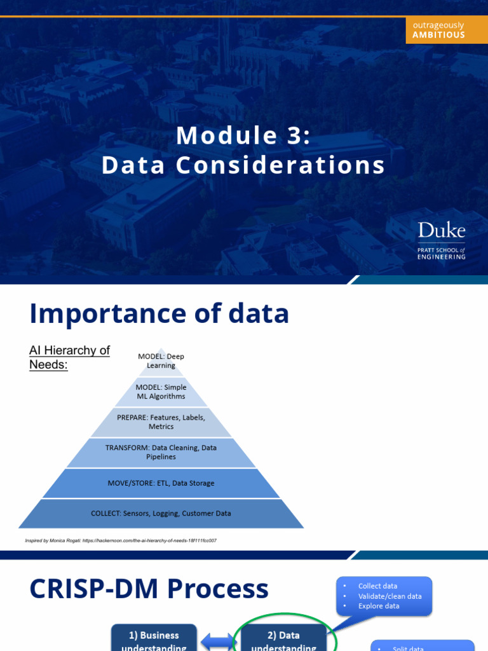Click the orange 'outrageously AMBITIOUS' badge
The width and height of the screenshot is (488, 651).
point(438,30)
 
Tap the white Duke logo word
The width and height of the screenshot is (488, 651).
point(441,230)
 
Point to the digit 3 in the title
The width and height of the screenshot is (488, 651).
point(295,135)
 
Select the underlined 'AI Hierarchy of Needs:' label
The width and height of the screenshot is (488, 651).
point(69,357)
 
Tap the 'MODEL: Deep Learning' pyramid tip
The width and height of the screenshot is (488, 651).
point(161,361)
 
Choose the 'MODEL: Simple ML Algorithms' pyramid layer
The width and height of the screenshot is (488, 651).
point(161,392)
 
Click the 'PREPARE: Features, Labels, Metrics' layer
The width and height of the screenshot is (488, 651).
point(161,422)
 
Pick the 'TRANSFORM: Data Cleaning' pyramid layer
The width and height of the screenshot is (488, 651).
point(161,452)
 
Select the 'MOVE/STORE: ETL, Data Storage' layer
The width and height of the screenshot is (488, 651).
point(161,483)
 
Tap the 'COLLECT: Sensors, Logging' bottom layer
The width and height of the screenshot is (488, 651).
point(161,513)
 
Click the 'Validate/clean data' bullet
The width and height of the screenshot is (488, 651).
point(390,596)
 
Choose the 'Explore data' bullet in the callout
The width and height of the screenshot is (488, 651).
point(379,606)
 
